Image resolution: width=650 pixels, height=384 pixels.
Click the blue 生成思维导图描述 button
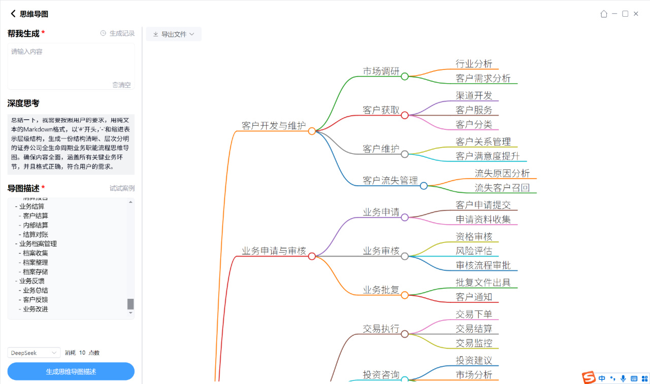71,371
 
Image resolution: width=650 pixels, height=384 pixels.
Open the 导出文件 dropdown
174,34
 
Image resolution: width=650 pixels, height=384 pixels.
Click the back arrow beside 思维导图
13,14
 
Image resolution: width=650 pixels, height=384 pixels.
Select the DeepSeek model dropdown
34,353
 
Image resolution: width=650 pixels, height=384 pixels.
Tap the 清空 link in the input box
122,85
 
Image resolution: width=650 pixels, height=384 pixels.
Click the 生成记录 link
118,33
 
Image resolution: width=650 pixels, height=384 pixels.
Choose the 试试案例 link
122,188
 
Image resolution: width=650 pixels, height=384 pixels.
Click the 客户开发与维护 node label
274,125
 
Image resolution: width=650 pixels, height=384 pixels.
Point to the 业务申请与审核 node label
274,251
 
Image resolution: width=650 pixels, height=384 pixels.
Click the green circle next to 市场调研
405,77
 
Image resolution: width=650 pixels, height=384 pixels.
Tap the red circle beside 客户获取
405,115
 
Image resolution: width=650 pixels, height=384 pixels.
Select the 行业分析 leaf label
474,63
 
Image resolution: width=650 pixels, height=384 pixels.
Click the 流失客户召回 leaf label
502,188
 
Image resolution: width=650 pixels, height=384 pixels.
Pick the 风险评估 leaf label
474,251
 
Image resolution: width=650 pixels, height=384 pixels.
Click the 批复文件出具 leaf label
483,283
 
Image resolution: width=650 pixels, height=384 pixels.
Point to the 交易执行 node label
381,328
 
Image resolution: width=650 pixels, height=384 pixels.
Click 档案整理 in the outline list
36,262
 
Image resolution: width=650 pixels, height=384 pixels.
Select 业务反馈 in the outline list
31,281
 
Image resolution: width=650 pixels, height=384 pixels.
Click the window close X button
637,14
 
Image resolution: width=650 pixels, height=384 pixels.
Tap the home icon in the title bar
604,14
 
